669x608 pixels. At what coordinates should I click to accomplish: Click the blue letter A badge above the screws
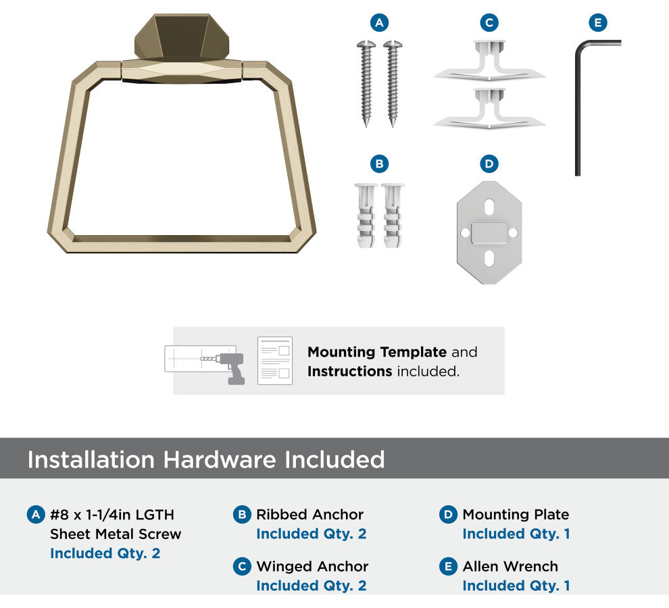point(379,22)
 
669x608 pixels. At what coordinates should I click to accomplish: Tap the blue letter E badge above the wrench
point(598,22)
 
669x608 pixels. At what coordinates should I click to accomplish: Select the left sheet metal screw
point(366,84)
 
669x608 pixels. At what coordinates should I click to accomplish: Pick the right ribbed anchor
point(393,216)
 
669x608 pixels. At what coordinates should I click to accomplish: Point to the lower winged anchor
point(489,108)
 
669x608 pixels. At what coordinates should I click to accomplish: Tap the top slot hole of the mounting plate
point(489,207)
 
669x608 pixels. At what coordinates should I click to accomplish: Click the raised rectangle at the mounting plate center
point(489,233)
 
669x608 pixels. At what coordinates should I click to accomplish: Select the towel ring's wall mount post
point(182,38)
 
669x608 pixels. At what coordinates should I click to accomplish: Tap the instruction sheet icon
point(275,361)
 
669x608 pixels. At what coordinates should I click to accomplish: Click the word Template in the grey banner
point(413,353)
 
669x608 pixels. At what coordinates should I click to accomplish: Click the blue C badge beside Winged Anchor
point(242,566)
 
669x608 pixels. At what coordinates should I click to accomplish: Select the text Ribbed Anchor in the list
point(309,515)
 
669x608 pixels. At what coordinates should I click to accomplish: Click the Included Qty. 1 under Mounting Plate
point(516,534)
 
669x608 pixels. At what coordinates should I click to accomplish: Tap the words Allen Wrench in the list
point(510,567)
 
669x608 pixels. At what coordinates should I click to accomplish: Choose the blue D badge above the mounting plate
point(489,164)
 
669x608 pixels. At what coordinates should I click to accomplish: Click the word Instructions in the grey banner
point(350,372)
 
